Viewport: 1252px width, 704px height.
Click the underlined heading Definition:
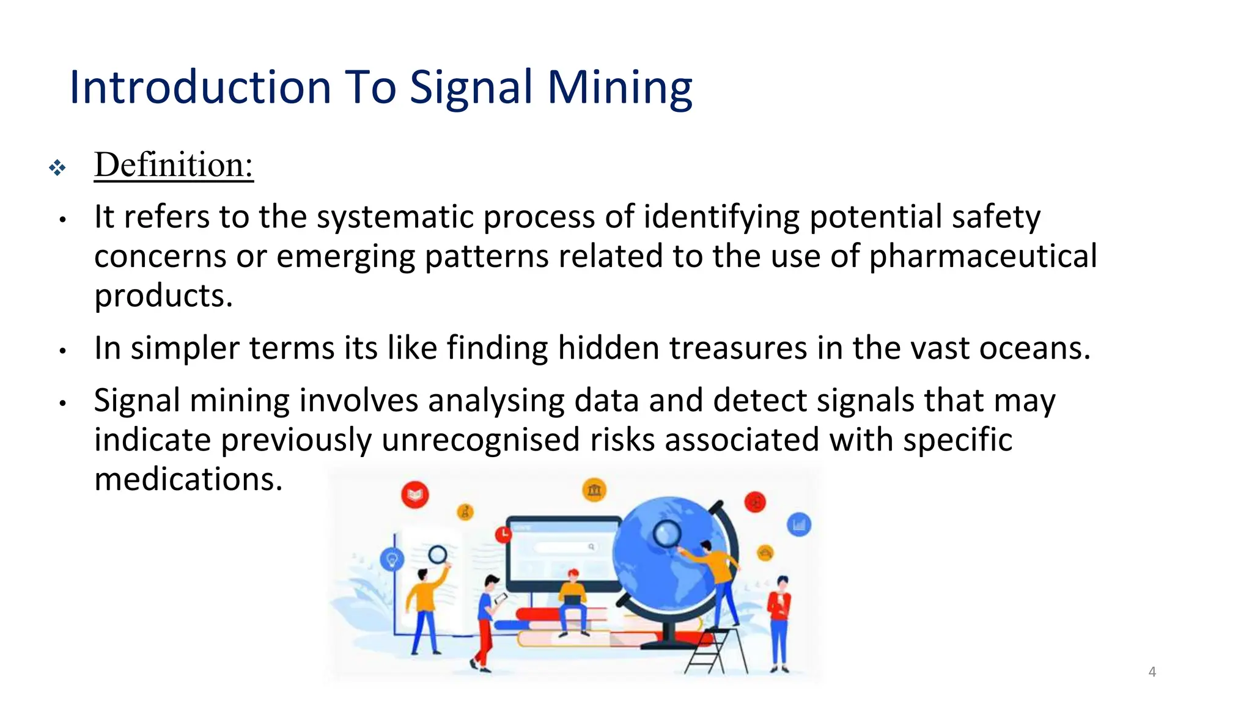(x=174, y=165)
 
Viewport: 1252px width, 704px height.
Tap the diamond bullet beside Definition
(x=57, y=167)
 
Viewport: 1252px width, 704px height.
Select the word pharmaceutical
(x=983, y=257)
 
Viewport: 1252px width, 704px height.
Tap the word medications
(x=188, y=479)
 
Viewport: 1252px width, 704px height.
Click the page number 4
(x=1152, y=672)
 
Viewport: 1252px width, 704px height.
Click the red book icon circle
(x=415, y=494)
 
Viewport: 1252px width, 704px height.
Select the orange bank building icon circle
(x=594, y=490)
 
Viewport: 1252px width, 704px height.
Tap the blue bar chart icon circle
(x=798, y=524)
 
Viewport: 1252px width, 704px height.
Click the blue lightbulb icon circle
(x=392, y=559)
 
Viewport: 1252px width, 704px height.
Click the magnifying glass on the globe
(x=666, y=534)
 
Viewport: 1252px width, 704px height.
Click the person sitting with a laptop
(x=573, y=599)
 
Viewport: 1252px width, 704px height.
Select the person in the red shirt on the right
(x=779, y=620)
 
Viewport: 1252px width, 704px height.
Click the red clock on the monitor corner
(x=503, y=534)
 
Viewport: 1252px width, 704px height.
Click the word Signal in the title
(x=471, y=88)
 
